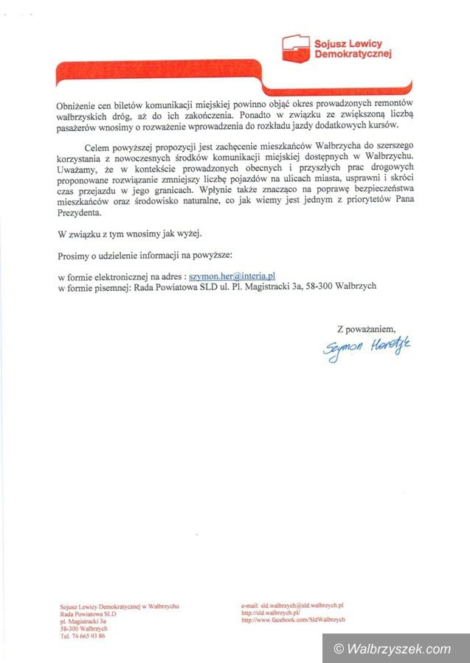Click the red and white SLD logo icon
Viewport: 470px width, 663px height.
[x=297, y=48]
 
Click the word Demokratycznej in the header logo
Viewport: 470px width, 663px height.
[x=353, y=54]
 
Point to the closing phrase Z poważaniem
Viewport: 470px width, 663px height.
[x=366, y=328]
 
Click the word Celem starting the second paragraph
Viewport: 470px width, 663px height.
[x=99, y=147]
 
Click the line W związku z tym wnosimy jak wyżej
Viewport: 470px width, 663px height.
[x=129, y=234]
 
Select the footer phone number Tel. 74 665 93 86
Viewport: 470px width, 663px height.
[x=82, y=636]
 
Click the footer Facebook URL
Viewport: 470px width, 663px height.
[x=293, y=620]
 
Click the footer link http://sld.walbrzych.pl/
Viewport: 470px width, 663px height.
[x=270, y=612]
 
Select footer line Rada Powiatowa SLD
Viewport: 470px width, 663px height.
[x=89, y=614]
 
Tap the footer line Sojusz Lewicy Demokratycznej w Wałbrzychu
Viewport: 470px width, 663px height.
[x=120, y=606]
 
